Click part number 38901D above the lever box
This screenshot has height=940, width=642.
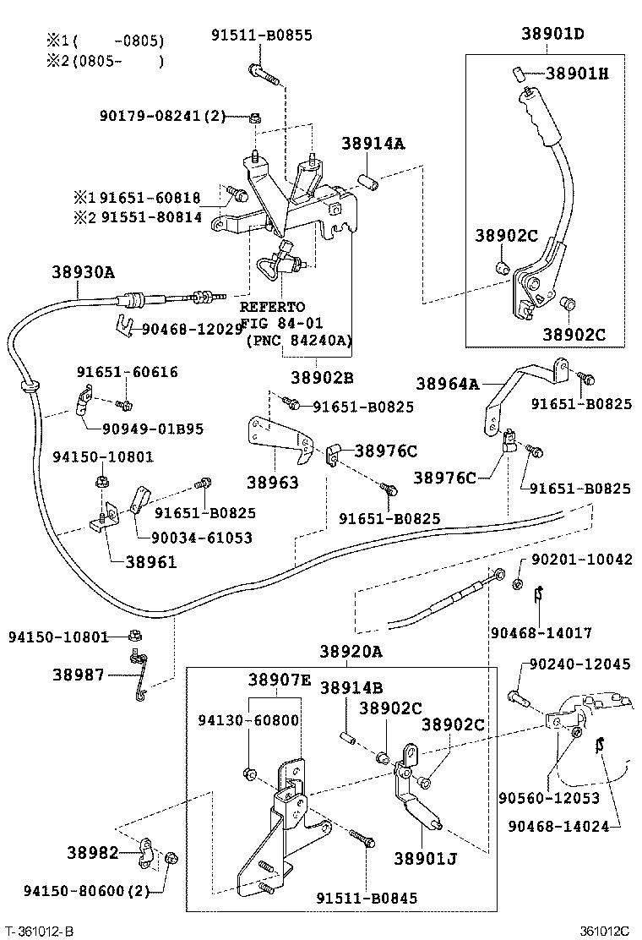pos(552,35)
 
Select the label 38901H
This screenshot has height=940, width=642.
pos(576,74)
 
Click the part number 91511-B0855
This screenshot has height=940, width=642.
pos(261,35)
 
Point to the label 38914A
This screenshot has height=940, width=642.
pos(373,144)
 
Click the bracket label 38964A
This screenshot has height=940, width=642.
pos(448,384)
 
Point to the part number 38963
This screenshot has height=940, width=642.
pos(272,482)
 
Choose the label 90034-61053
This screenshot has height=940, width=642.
pos(201,538)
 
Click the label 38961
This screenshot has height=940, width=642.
pos(151,561)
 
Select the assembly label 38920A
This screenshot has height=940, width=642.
pos(351,652)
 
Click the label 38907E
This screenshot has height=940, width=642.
pos(280,679)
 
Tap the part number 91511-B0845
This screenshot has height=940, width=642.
pos(367,898)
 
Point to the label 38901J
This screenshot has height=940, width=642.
pos(425,859)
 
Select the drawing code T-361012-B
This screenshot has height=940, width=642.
pos(39,931)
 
